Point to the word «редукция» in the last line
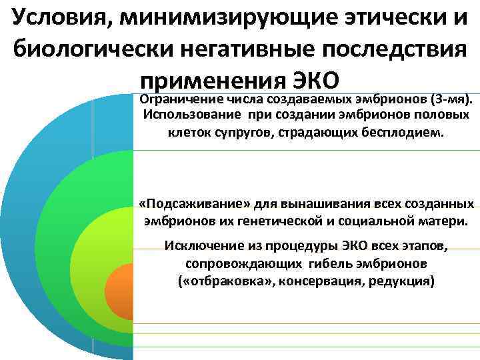click(x=404, y=281)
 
